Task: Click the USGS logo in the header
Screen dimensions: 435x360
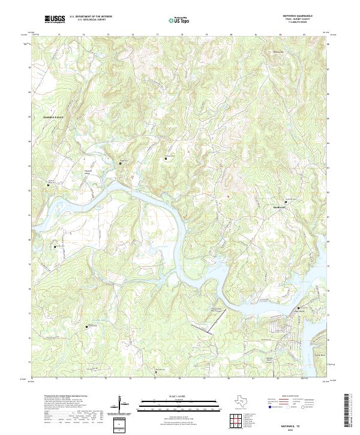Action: click(55, 19)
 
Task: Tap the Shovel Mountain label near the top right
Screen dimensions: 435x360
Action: click(278, 52)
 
